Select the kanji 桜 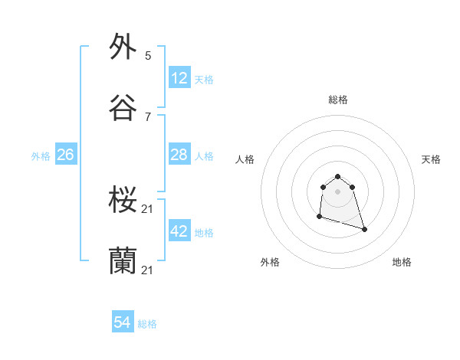[x=123, y=201]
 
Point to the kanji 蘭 [x=123, y=262]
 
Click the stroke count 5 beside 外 [x=148, y=55]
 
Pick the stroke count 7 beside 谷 [x=148, y=117]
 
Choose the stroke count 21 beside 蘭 [x=149, y=271]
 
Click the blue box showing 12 [x=179, y=78]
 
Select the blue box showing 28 [x=179, y=155]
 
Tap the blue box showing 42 [x=179, y=231]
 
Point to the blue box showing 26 [x=66, y=155]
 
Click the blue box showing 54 [x=123, y=323]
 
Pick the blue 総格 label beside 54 [x=147, y=324]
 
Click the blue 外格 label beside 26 [x=41, y=156]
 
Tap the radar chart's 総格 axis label [x=338, y=100]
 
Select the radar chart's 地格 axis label [x=402, y=262]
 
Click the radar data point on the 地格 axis [x=364, y=229]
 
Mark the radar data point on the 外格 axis [x=319, y=217]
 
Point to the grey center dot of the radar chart [x=338, y=191]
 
